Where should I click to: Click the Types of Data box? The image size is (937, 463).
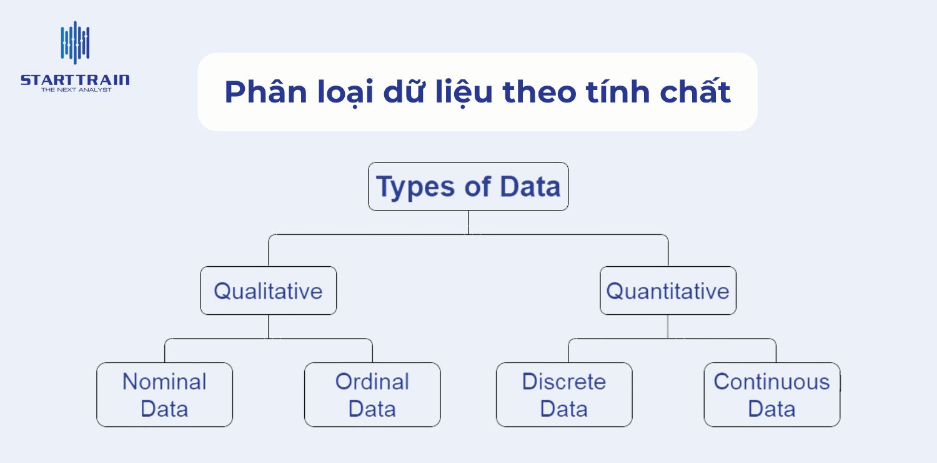click(468, 187)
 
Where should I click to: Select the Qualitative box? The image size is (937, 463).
click(268, 291)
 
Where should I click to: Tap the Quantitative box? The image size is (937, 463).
click(668, 291)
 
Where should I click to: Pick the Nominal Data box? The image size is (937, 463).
click(164, 395)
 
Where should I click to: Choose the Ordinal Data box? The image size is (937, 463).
click(372, 395)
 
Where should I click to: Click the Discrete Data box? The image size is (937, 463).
click(564, 395)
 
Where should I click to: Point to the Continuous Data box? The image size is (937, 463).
click(771, 395)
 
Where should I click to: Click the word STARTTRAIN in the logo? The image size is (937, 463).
click(75, 80)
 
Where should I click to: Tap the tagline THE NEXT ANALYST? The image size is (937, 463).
click(76, 90)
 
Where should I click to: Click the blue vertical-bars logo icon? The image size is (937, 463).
click(75, 42)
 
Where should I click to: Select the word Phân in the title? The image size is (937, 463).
click(260, 92)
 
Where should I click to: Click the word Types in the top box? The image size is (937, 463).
click(413, 187)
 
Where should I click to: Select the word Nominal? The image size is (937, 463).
click(164, 382)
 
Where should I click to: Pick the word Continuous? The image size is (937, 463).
click(771, 382)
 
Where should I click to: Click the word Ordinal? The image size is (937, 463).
click(372, 382)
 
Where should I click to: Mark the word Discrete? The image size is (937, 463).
click(564, 382)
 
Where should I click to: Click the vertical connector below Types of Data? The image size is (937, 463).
click(468, 222)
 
